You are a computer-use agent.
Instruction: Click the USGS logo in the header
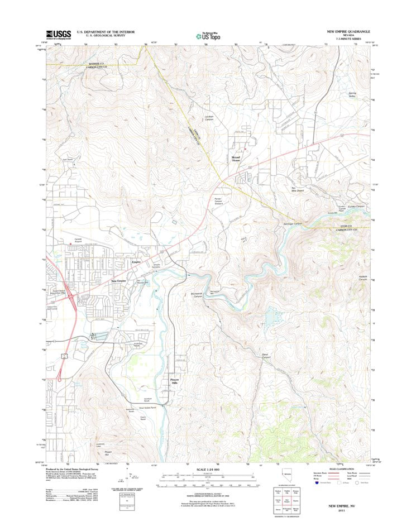pos(58,35)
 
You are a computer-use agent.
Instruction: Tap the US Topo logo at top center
pos(207,35)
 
